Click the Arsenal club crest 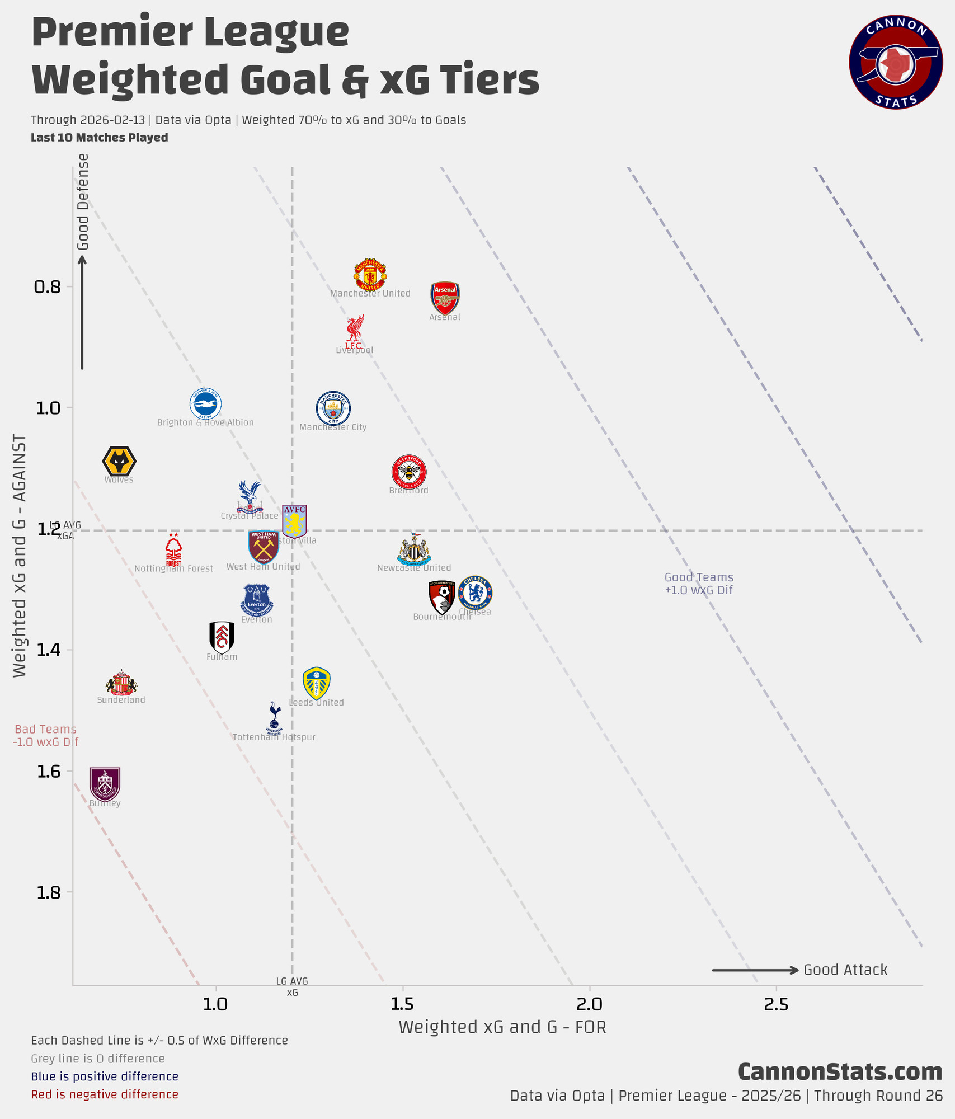(445, 297)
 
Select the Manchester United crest (370, 275)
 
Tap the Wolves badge (119, 462)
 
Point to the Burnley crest (105, 784)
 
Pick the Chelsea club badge (475, 593)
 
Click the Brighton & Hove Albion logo (205, 403)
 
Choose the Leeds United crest (316, 683)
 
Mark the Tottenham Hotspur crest (274, 718)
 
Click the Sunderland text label (121, 700)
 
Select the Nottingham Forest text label (173, 569)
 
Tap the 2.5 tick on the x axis (776, 1004)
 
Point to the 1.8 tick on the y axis (48, 892)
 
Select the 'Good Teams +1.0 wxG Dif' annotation (699, 584)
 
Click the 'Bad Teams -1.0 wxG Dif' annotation (45, 735)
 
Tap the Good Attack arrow (755, 970)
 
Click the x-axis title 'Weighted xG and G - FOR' (502, 1027)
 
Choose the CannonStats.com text (840, 1071)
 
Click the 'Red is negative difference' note (105, 1094)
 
